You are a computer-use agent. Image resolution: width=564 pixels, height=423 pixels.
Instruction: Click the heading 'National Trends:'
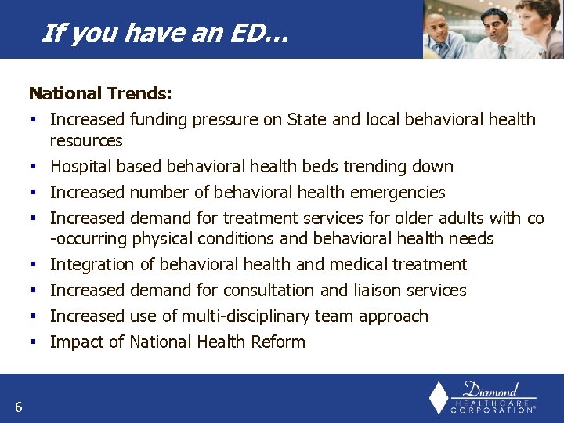[100, 94]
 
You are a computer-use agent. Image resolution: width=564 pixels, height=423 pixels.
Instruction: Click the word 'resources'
[86, 141]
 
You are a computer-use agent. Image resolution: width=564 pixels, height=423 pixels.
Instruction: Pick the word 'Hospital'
[81, 167]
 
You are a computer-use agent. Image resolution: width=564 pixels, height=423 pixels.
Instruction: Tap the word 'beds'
[339, 167]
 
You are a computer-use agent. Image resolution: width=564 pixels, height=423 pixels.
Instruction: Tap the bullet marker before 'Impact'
[34, 342]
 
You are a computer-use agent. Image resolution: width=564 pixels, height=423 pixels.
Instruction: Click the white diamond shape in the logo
[439, 398]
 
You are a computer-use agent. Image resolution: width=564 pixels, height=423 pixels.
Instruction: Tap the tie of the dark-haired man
[499, 49]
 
